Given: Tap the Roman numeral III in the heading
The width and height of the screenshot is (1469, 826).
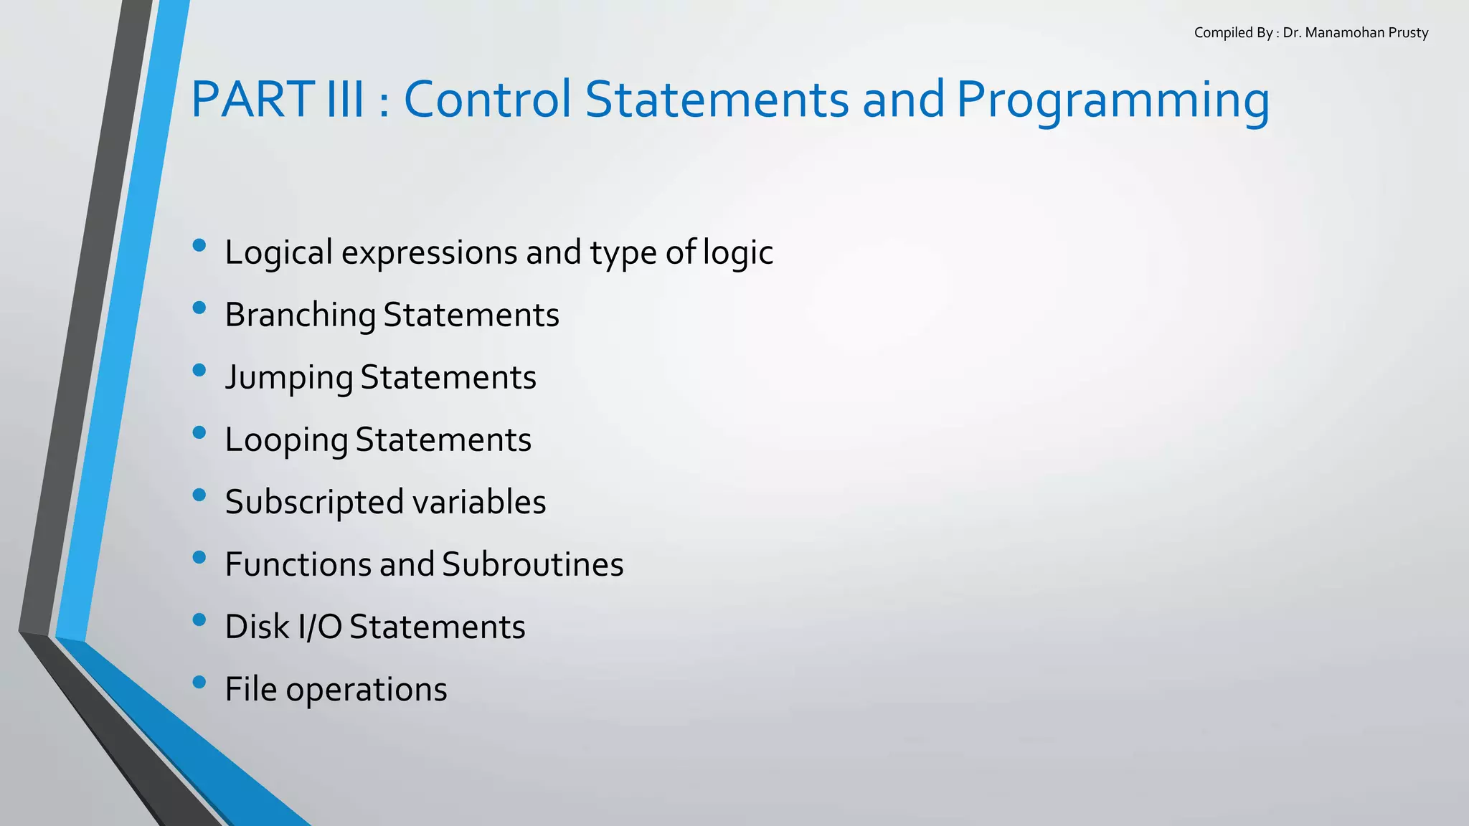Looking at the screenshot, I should pos(345,99).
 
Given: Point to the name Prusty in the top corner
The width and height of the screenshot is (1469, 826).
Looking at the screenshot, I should pos(1408,33).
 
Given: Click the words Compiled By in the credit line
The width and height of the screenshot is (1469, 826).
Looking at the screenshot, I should pos(1233,33).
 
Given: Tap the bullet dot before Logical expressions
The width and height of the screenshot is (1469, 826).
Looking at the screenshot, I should pos(199,246).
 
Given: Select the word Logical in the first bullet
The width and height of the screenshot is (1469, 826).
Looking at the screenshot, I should pos(279,252).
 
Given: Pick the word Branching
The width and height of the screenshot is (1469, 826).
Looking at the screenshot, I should pos(300,315).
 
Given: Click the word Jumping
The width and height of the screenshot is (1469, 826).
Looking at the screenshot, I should pos(289,378).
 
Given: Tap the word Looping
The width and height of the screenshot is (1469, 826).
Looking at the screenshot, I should pos(286,440).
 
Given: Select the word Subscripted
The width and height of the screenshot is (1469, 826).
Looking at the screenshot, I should pos(315,502).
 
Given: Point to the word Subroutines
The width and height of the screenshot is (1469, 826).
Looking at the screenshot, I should pos(533,564).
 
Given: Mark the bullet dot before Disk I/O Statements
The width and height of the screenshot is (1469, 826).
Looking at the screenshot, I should pos(199,620).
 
